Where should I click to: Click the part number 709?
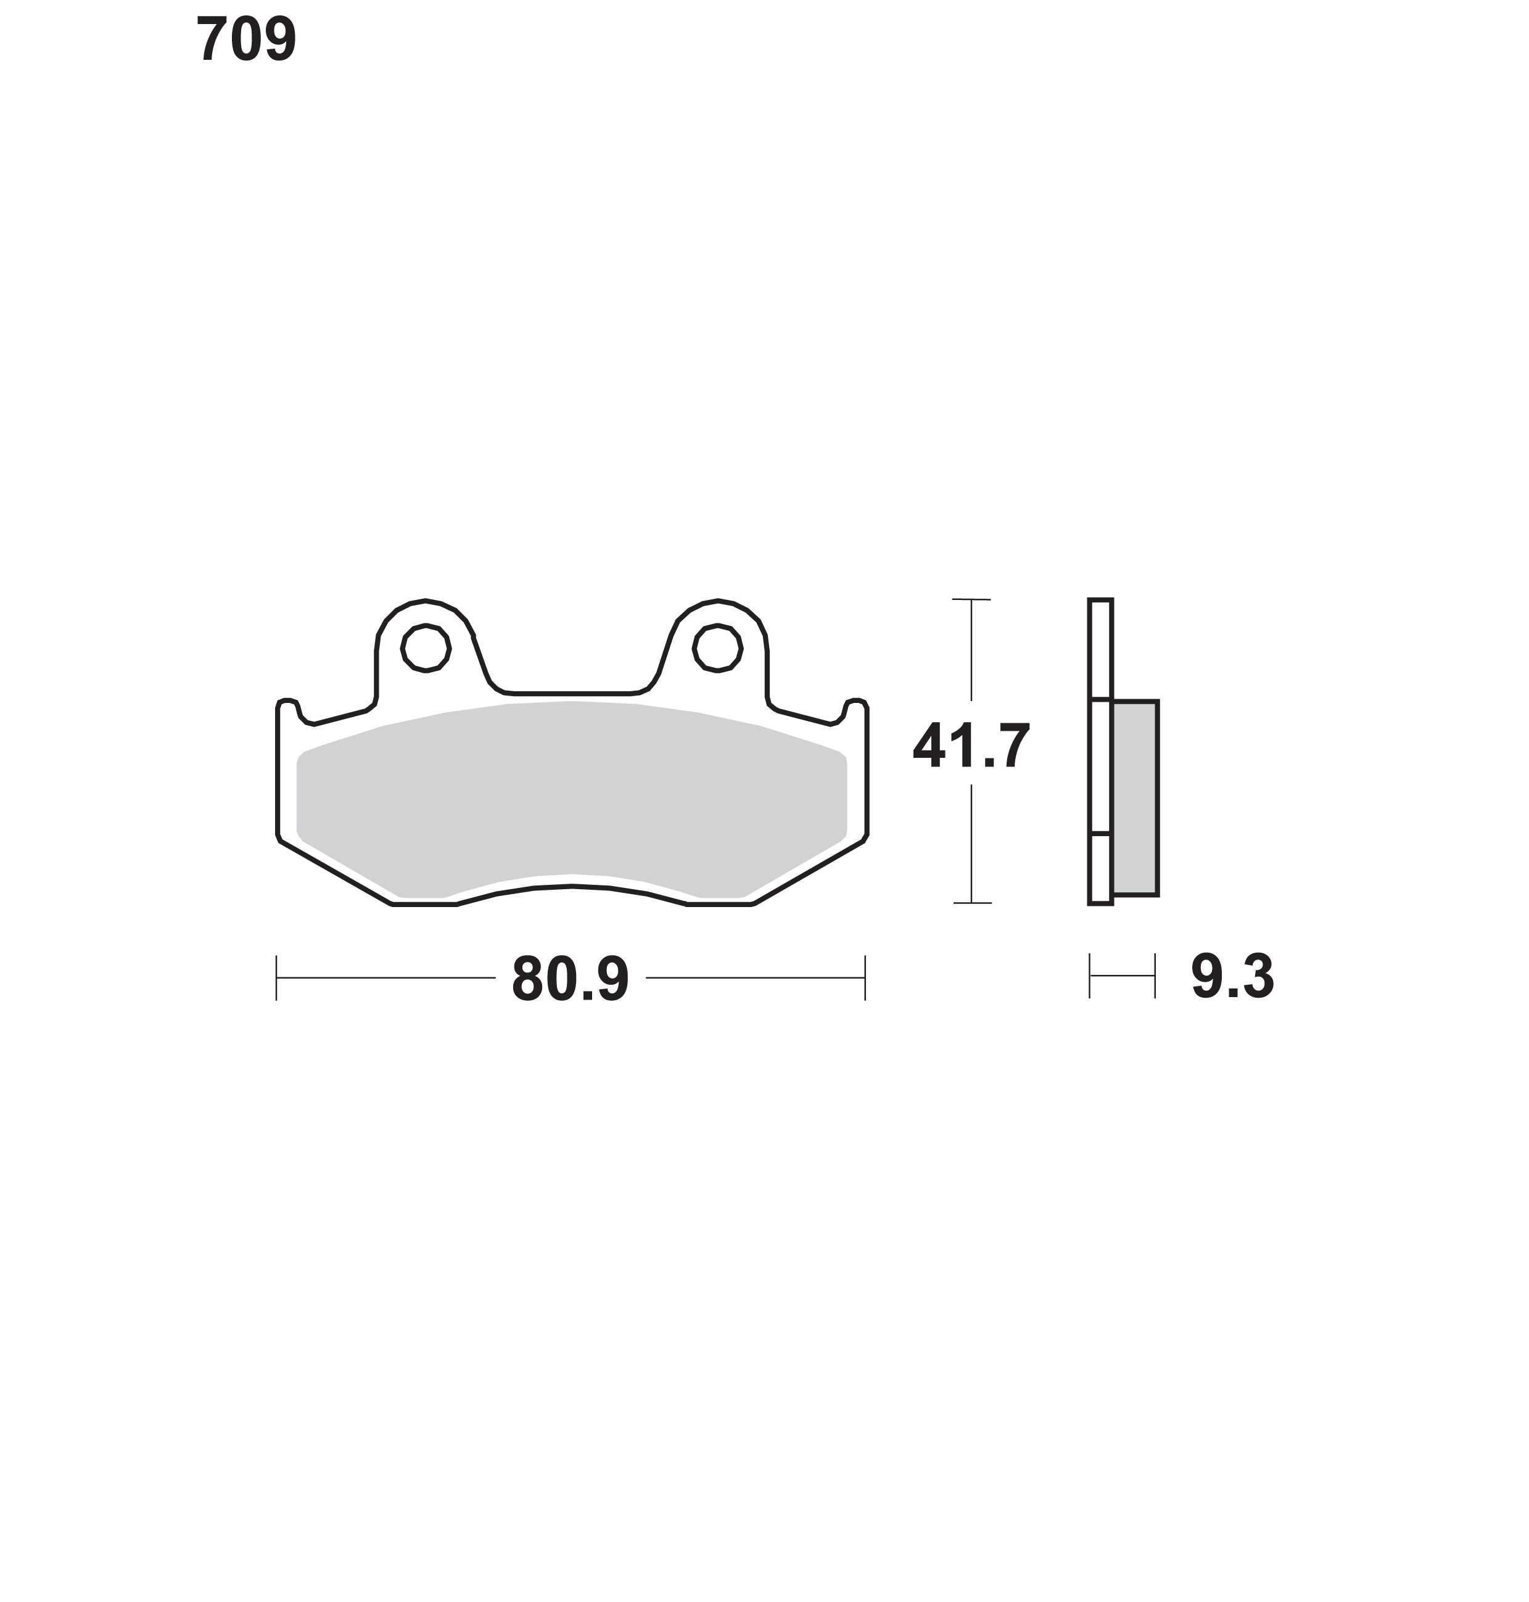tap(246, 39)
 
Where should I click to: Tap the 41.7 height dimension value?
tap(971, 746)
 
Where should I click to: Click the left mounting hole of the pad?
tap(426, 649)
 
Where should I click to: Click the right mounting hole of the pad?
tap(717, 649)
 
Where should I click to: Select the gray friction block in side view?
tap(1134, 799)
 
